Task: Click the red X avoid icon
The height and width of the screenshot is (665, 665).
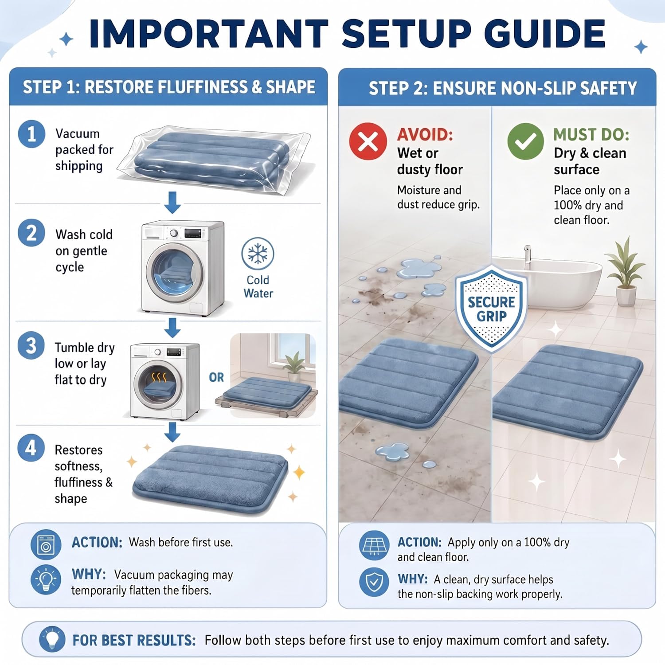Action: [368, 141]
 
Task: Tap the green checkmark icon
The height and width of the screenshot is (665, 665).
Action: [525, 141]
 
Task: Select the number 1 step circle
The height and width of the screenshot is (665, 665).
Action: [31, 134]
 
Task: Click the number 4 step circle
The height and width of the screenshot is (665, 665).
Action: [31, 448]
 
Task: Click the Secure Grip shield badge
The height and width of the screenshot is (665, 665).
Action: [491, 309]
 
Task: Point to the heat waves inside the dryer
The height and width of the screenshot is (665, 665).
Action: [159, 378]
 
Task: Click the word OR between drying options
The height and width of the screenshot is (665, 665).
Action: [216, 377]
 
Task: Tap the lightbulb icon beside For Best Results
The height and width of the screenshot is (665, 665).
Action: [52, 639]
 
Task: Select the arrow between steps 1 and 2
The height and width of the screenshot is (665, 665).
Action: [172, 203]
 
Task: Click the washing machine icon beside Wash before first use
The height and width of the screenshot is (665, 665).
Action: [46, 544]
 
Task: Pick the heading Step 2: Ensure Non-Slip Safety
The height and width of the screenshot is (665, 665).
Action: [503, 88]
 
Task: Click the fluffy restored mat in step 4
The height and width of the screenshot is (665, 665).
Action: [210, 479]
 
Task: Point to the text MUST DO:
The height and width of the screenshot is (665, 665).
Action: [591, 134]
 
